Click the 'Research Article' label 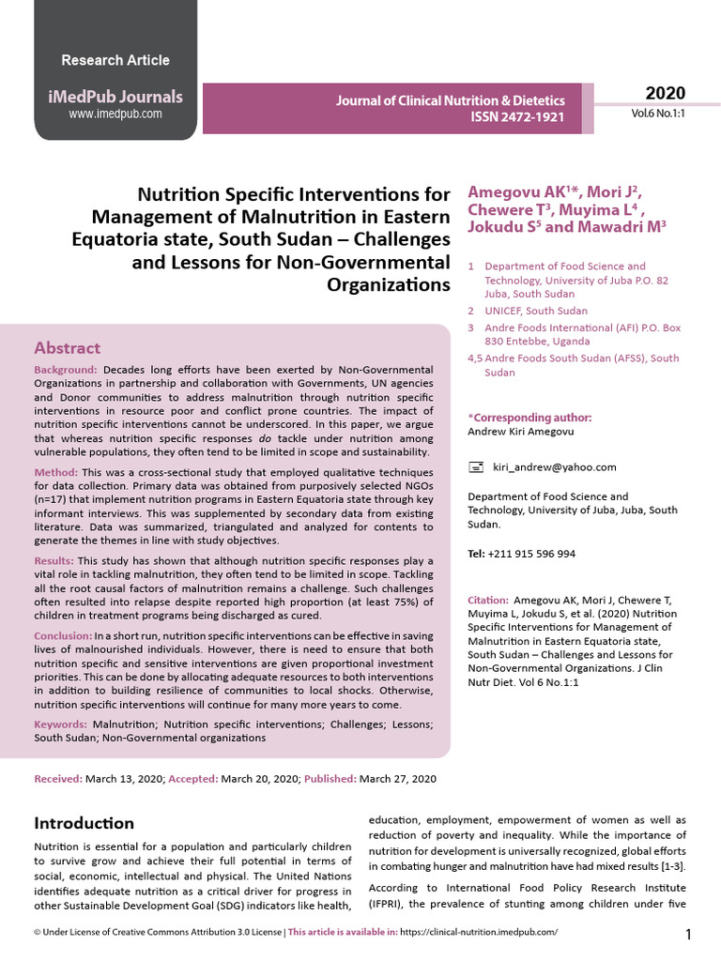[115, 60]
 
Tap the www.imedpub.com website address [115, 114]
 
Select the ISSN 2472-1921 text [517, 118]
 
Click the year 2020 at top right [665, 93]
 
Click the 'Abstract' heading [67, 347]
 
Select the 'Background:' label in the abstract [66, 371]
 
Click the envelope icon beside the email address [476, 466]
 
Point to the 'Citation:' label [487, 599]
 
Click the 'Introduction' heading [84, 823]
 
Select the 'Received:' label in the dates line [58, 779]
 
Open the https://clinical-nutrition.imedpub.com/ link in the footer [479, 932]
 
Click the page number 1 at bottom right [688, 934]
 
